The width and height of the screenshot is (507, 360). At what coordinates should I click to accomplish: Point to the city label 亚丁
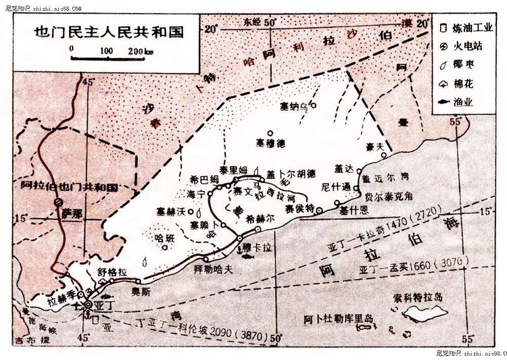[101, 305]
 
